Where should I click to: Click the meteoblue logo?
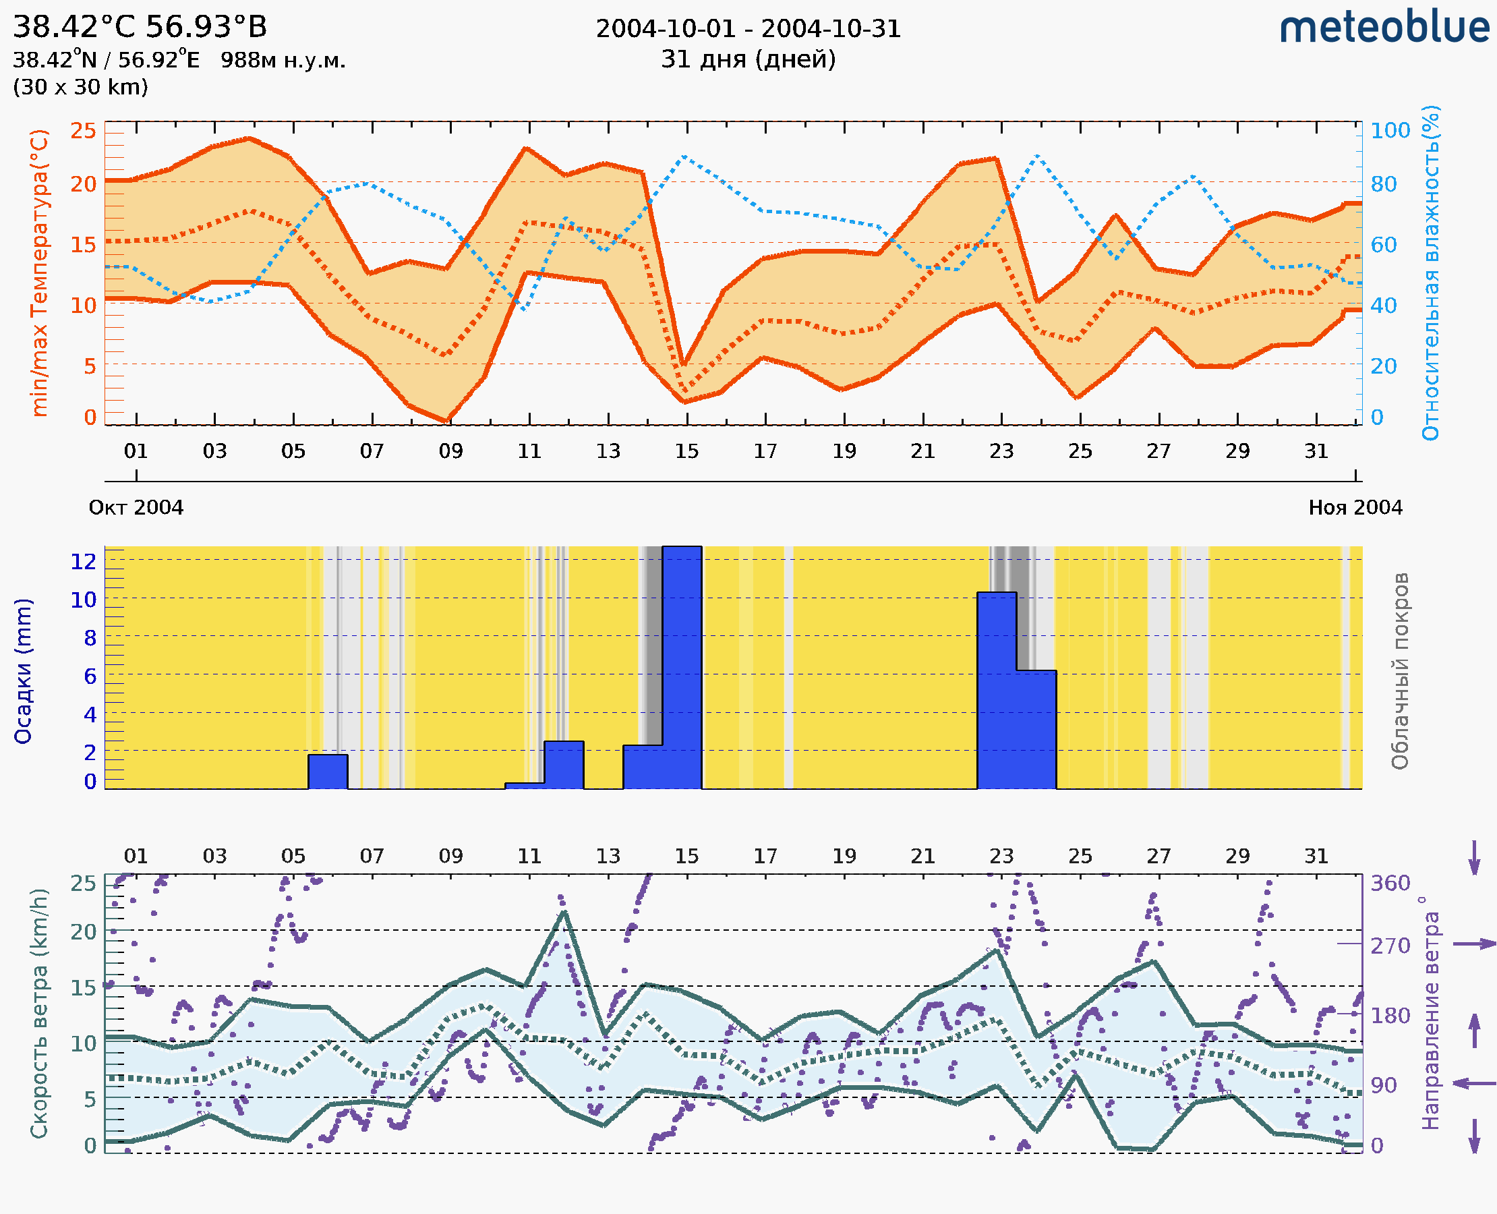coord(1384,28)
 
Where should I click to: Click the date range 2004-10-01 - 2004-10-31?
coord(748,29)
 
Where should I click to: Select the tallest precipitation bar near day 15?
coord(682,667)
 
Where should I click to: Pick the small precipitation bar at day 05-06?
coord(328,772)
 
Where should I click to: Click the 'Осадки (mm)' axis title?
coord(23,671)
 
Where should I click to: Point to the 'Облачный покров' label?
coord(1400,671)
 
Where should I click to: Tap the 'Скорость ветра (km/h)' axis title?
coord(39,1013)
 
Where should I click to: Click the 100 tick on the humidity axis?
coord(1390,130)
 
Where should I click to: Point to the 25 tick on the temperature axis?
coord(83,130)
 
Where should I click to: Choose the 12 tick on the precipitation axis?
coord(83,561)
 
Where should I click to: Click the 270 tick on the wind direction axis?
coord(1390,946)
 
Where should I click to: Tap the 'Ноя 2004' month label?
coord(1355,507)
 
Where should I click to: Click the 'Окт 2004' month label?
coord(136,507)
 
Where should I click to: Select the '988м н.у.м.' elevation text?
coord(283,60)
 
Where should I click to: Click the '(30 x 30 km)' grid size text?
coord(80,88)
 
